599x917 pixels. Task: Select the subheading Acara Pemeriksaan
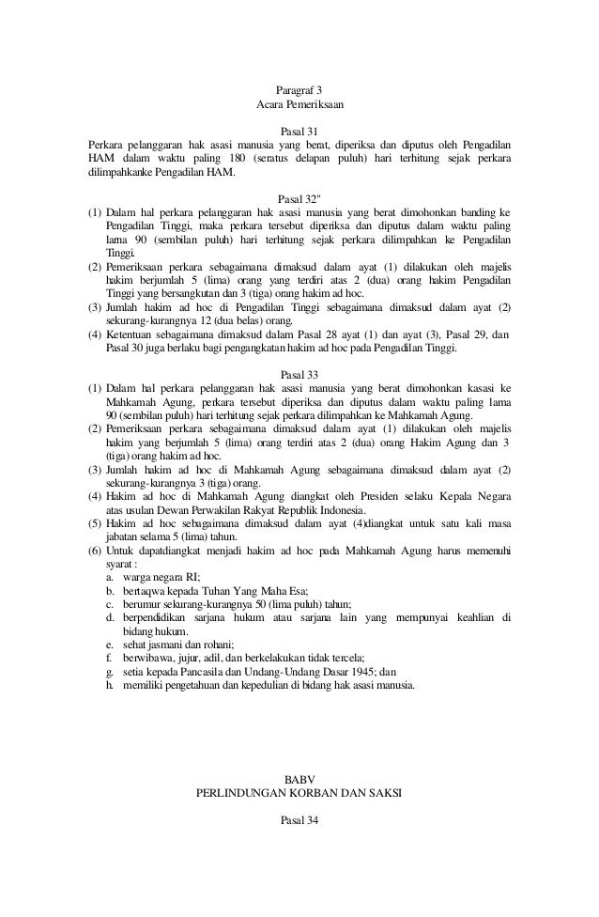point(299,106)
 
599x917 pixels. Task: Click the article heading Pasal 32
point(299,199)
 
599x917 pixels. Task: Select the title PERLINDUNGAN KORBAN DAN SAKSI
point(299,793)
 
